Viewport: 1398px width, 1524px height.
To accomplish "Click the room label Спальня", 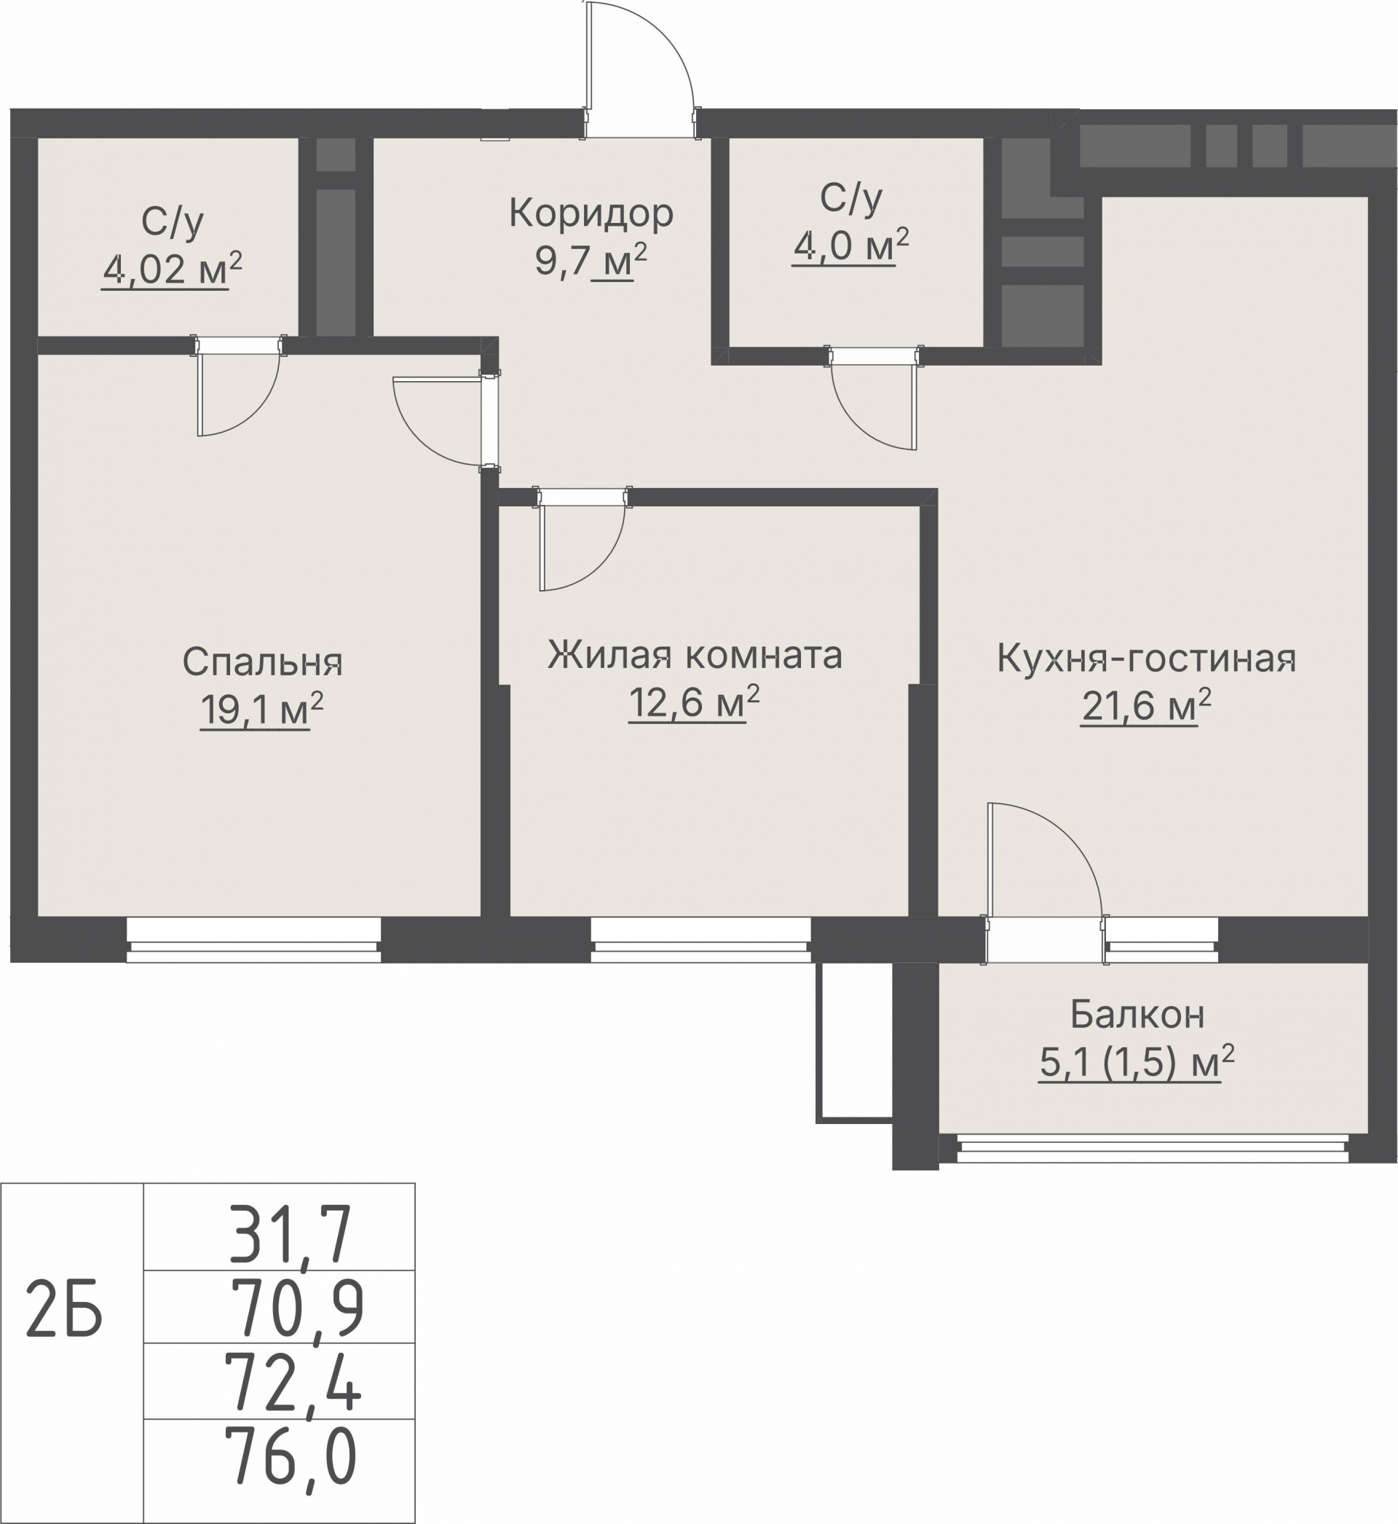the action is click(263, 663).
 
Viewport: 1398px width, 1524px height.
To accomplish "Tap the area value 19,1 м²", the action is click(261, 710).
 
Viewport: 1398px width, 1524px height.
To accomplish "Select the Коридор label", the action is click(591, 213).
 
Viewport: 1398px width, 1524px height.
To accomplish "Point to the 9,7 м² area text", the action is click(591, 261).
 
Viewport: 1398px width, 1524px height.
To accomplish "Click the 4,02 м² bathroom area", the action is click(172, 269).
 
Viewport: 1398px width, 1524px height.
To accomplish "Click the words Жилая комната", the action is click(695, 656).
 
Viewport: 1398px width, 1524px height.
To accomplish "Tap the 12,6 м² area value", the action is click(694, 703).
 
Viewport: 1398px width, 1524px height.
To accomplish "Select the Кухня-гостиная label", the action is click(1146, 659).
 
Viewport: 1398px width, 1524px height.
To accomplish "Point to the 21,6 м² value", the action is click(1146, 706).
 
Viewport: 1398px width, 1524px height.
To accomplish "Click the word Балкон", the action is click(1137, 1016).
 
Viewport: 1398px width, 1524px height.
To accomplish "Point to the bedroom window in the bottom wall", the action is click(253, 940).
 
